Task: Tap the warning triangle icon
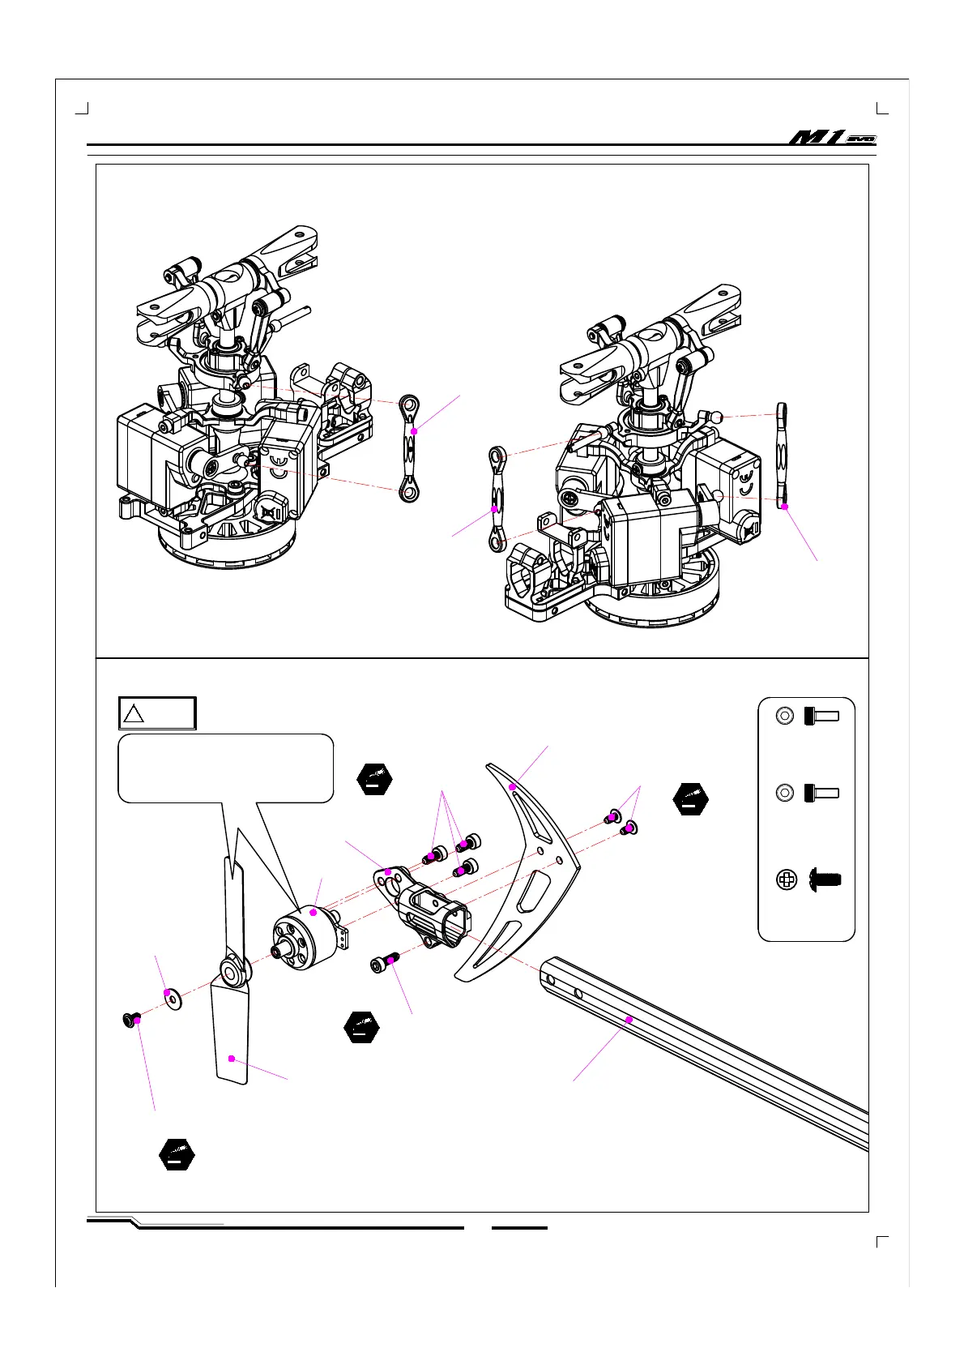[134, 714]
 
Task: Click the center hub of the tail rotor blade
[230, 969]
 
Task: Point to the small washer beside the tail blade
[172, 995]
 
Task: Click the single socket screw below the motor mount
[383, 963]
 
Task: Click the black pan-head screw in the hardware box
[825, 879]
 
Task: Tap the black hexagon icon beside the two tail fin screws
[690, 798]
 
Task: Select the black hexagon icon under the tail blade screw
[177, 1153]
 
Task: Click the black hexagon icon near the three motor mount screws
[374, 779]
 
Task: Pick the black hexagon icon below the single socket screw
[361, 1027]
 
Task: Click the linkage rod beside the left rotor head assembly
[410, 447]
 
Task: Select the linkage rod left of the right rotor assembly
[497, 499]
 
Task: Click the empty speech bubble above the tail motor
[225, 767]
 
